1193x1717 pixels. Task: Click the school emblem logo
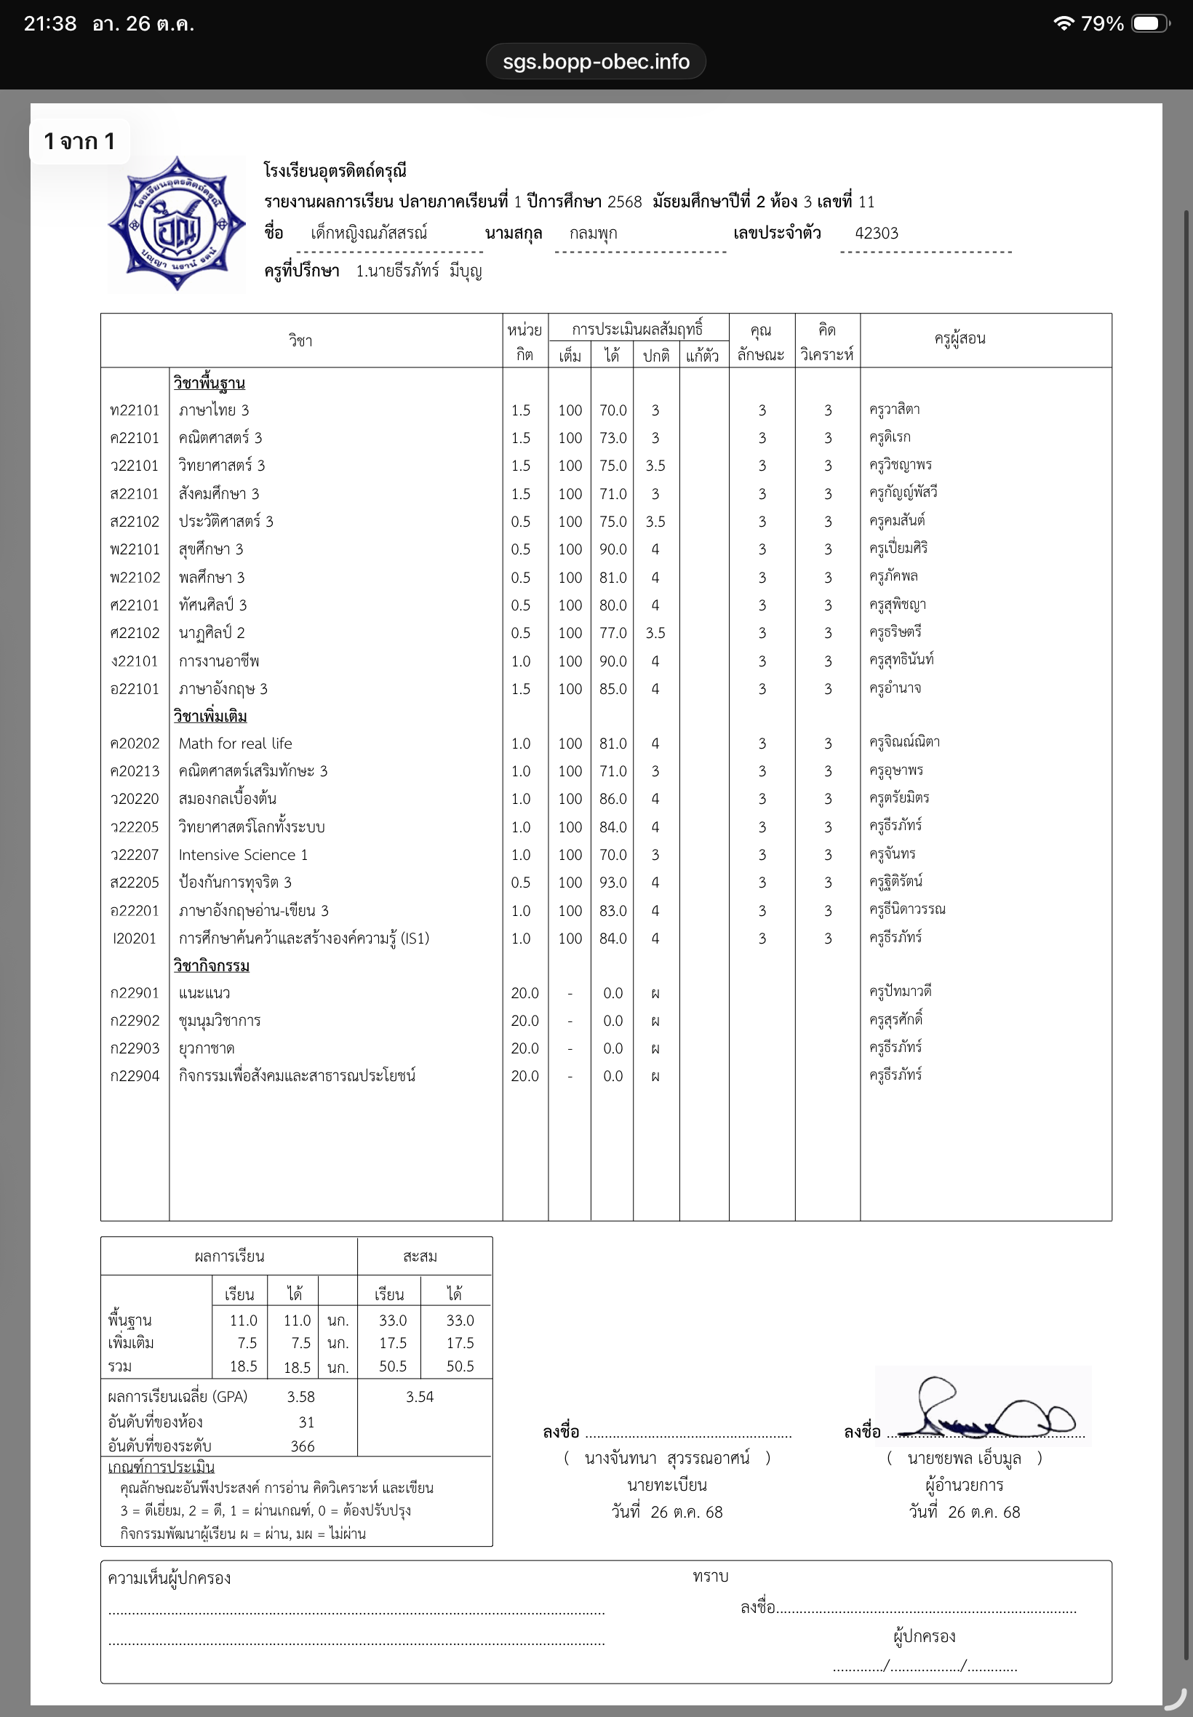pyautogui.click(x=177, y=223)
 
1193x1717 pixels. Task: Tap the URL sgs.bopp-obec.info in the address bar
pyautogui.click(x=596, y=61)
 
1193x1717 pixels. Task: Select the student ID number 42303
pyautogui.click(x=876, y=234)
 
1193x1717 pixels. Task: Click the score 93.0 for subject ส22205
pyautogui.click(x=613, y=882)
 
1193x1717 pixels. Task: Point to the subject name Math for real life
pyautogui.click(x=236, y=743)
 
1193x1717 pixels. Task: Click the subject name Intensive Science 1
pyautogui.click(x=243, y=854)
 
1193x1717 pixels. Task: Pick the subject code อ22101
pyautogui.click(x=135, y=688)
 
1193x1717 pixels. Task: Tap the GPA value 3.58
pyautogui.click(x=300, y=1396)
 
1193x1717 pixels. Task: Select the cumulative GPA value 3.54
pyautogui.click(x=419, y=1396)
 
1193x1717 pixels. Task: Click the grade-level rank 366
pyautogui.click(x=302, y=1446)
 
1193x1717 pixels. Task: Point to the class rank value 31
pyautogui.click(x=306, y=1422)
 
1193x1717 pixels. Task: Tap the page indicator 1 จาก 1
pyautogui.click(x=79, y=141)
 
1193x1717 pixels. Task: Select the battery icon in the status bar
pyautogui.click(x=1149, y=24)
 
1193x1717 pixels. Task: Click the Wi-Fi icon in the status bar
pyautogui.click(x=1063, y=24)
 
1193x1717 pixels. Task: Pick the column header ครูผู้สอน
pyautogui.click(x=959, y=338)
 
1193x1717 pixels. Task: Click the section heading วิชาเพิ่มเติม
pyautogui.click(x=210, y=716)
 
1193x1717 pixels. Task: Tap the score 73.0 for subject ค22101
pyautogui.click(x=613, y=438)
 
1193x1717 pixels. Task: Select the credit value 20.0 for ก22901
pyautogui.click(x=524, y=992)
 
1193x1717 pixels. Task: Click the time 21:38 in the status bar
pyautogui.click(x=50, y=24)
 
